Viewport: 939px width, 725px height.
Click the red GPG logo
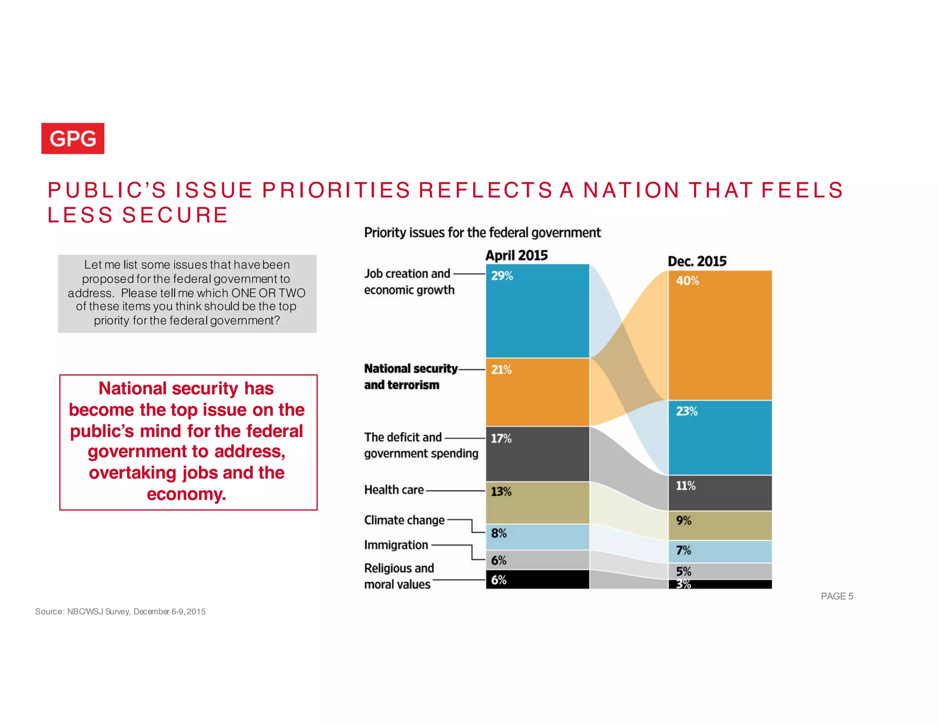point(72,138)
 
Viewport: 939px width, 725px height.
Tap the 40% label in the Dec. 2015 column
point(687,280)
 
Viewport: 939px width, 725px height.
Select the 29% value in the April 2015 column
point(502,275)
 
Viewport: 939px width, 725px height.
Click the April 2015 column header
point(516,255)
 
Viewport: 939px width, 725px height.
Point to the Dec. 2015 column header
point(696,261)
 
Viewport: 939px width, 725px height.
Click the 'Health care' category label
point(394,489)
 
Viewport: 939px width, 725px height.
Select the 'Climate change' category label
point(404,520)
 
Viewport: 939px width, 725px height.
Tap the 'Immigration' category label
point(396,545)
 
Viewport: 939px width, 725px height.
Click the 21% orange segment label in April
point(501,369)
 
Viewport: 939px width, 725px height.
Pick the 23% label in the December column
point(686,411)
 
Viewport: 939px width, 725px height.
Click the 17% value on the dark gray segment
point(501,438)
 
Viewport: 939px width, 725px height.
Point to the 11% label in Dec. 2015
point(685,485)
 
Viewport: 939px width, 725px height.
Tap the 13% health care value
point(501,491)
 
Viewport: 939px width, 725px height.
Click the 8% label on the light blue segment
point(498,533)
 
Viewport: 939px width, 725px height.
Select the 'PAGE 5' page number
point(837,596)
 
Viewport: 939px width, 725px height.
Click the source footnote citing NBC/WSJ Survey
point(120,611)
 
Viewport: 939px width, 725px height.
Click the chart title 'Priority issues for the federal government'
point(482,232)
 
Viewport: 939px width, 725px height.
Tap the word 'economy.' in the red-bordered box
point(186,494)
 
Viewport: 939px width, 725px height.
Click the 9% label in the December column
point(683,520)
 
